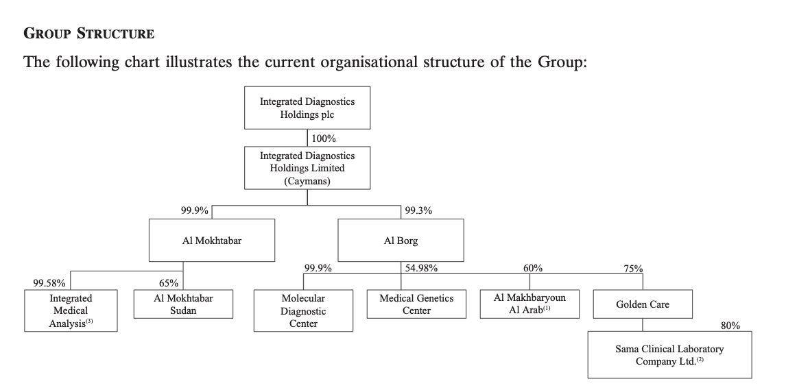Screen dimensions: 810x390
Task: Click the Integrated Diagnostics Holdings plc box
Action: pos(307,108)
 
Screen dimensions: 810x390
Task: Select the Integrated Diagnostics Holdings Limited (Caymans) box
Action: pos(307,168)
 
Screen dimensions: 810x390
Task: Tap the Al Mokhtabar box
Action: pos(212,240)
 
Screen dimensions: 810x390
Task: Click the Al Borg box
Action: pos(401,240)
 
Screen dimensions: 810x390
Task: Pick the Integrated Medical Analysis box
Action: pos(71,310)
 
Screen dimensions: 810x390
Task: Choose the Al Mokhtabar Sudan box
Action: pos(183,304)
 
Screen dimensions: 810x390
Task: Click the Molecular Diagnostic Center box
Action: pos(303,310)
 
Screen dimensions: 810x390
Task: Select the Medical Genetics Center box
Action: pos(416,304)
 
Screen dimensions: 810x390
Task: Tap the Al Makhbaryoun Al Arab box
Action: pos(529,304)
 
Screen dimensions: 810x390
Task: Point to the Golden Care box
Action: pos(643,304)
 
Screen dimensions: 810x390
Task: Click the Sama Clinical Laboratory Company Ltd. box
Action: pos(669,355)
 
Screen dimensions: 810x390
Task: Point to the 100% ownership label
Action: pos(323,138)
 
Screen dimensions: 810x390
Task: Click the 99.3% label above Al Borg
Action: pos(419,210)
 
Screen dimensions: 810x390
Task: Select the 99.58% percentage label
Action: pos(49,283)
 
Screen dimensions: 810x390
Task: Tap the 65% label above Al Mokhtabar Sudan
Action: pos(169,283)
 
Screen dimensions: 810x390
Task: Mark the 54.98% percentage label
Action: pos(422,268)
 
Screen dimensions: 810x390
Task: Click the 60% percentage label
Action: pos(533,268)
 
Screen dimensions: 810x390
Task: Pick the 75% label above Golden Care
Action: pos(633,269)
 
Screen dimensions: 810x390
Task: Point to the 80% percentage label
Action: pos(730,326)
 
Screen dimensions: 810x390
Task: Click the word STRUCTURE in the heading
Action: pos(115,34)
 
